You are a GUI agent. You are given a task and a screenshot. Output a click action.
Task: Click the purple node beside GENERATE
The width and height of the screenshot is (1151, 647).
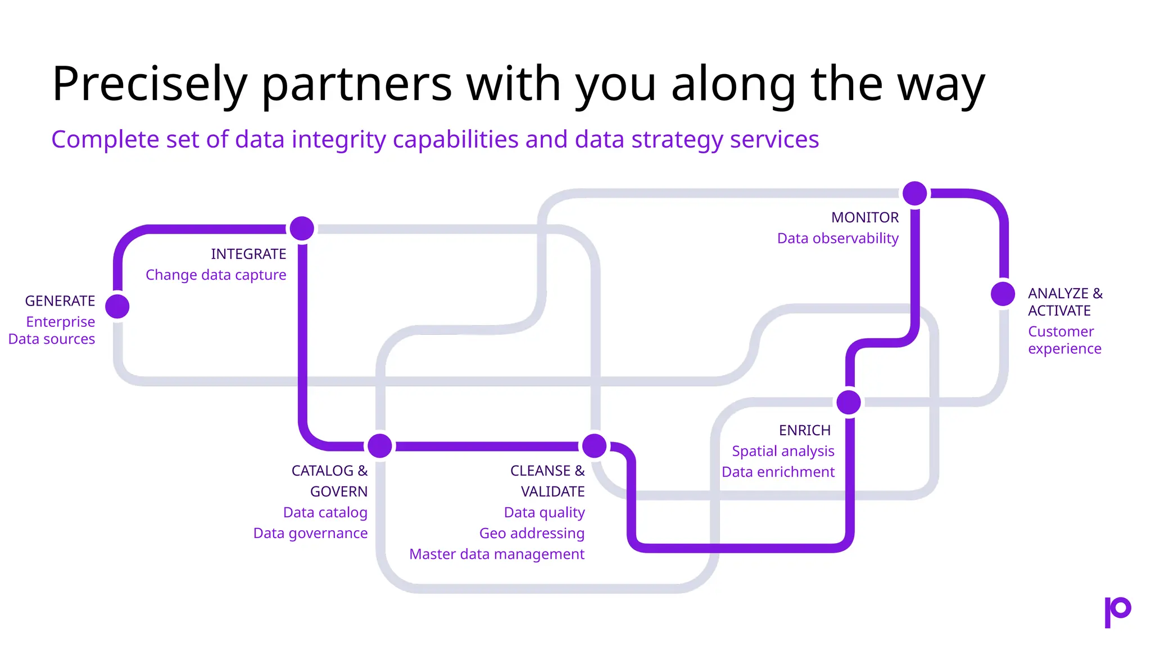coord(117,306)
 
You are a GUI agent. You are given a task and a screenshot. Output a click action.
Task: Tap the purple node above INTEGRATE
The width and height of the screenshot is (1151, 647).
coord(302,229)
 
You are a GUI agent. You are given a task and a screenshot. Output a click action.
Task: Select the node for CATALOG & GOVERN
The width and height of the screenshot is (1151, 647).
coord(380,446)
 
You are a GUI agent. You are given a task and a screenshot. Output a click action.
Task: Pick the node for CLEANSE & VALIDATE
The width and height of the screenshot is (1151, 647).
coord(595,446)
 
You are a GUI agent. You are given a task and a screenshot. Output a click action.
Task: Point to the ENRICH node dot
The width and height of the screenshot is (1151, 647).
coord(849,402)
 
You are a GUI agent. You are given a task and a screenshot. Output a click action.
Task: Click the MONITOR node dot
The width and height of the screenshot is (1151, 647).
coord(915,193)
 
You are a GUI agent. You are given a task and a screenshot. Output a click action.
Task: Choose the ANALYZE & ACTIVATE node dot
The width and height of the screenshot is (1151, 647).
coord(1003,294)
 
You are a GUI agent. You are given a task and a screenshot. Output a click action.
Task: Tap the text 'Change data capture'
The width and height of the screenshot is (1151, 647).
coord(216,275)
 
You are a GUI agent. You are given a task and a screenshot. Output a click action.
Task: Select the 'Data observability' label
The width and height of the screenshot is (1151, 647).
coord(837,238)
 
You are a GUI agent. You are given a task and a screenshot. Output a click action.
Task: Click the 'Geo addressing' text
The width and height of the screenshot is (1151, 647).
coord(532,533)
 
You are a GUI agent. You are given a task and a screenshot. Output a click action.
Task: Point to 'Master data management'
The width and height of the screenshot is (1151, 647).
coord(497,554)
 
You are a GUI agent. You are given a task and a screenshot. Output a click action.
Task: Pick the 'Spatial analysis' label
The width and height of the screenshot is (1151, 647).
coord(783,451)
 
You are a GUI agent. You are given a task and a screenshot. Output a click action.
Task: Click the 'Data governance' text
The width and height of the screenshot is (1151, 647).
coord(310,533)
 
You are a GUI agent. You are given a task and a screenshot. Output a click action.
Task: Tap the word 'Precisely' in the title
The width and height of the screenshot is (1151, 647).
coord(149,84)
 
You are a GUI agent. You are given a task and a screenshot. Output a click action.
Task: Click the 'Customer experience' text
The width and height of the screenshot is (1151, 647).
coord(1064,340)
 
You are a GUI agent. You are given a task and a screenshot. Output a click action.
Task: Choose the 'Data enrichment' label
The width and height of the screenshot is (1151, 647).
coord(778,472)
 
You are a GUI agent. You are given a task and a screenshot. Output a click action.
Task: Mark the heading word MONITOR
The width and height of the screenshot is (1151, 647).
coord(865,217)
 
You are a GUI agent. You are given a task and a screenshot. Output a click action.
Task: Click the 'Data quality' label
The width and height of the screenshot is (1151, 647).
coord(544,512)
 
